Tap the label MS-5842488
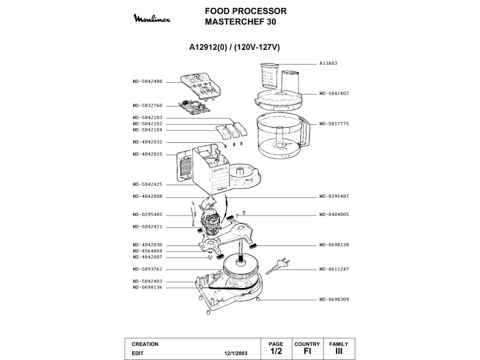147,81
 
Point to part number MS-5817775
334,124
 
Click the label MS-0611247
334,269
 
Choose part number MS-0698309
334,299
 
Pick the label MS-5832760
147,105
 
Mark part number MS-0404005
334,214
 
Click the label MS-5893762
147,269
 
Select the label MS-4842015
147,154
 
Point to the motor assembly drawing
211,221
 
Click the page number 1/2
275,351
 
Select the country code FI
307,351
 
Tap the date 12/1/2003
236,352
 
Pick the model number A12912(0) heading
211,48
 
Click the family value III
339,351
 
